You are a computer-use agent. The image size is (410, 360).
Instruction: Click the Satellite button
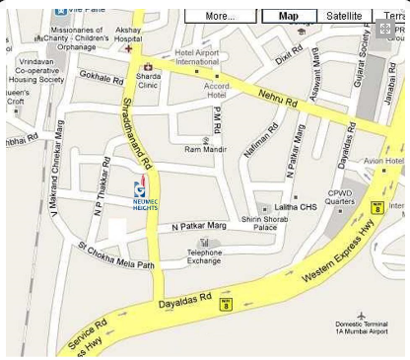point(344,16)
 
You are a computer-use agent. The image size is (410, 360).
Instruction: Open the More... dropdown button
point(221,16)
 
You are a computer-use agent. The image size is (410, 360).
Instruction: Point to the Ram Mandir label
point(205,150)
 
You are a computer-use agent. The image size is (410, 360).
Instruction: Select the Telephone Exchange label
point(205,256)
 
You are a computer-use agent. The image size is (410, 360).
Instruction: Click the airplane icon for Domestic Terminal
point(361,315)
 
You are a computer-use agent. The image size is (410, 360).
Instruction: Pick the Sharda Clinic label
point(149,80)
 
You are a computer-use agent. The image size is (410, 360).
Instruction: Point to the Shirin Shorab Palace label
point(265,223)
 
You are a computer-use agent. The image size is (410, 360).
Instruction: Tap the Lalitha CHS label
point(296,207)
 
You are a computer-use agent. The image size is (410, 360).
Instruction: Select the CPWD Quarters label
point(340,197)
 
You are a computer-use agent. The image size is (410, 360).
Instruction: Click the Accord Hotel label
point(216,91)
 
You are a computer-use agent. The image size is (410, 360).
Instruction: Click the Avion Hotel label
point(383,161)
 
